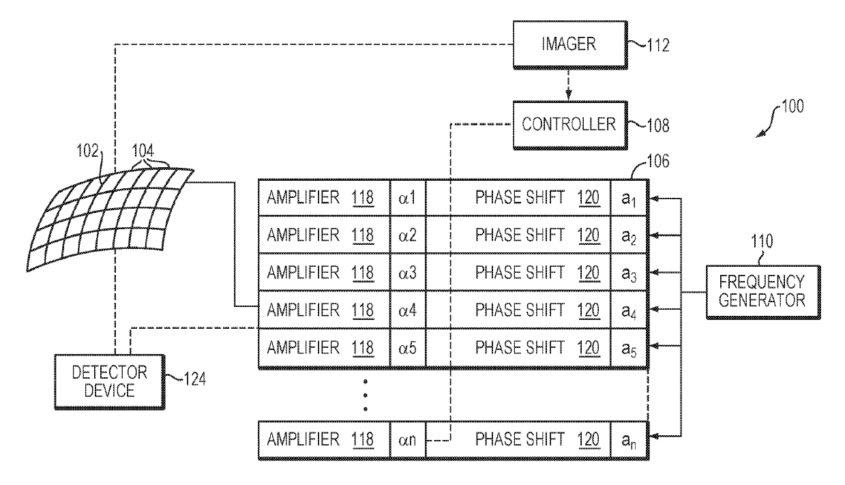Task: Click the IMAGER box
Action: (570, 45)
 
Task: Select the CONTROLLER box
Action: (570, 125)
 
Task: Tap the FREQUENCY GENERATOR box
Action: (763, 292)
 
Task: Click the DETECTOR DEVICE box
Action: (110, 381)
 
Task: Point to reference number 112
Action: (658, 45)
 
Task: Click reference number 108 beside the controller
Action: (658, 126)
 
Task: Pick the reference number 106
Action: (658, 161)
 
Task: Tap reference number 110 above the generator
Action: (762, 241)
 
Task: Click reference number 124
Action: (195, 379)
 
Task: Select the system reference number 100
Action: (792, 106)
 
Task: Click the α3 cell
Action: (408, 272)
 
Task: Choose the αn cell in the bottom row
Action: (408, 440)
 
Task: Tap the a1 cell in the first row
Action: (629, 198)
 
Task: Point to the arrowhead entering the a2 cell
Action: (655, 235)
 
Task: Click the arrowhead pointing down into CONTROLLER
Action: (569, 95)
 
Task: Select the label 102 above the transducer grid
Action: (87, 151)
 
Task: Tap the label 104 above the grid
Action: (143, 151)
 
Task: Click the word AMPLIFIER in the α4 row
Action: (303, 310)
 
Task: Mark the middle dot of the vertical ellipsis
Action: (365, 395)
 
